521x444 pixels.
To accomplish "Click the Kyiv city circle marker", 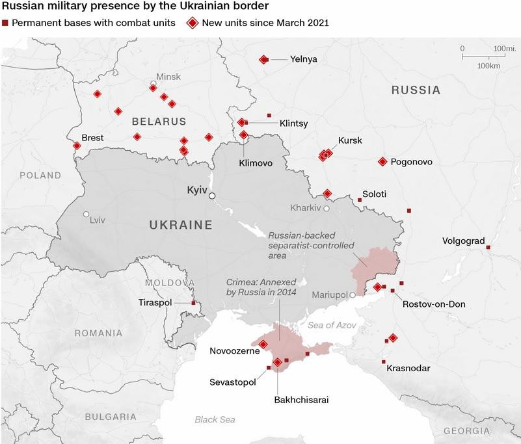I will tap(212, 194).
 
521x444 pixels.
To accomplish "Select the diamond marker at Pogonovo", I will tap(382, 162).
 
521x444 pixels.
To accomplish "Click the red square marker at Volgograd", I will tap(488, 247).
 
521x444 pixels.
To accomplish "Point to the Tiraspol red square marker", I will tap(193, 303).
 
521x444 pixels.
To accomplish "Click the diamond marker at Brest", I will tap(77, 146).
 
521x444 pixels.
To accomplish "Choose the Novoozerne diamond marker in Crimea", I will tap(263, 345).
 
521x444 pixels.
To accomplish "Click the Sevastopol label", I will tap(232, 382).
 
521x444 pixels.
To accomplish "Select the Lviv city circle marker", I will tap(86, 215).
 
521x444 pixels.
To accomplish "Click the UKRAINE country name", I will tap(181, 226).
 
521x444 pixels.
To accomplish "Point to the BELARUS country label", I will tap(159, 122).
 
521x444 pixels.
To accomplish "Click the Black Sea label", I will tap(215, 420).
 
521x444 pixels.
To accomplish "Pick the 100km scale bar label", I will tap(488, 66).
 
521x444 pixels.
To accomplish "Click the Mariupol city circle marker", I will tap(353, 295).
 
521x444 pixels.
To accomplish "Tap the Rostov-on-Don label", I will tap(434, 304).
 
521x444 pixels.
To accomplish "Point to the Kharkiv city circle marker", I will tap(327, 209).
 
